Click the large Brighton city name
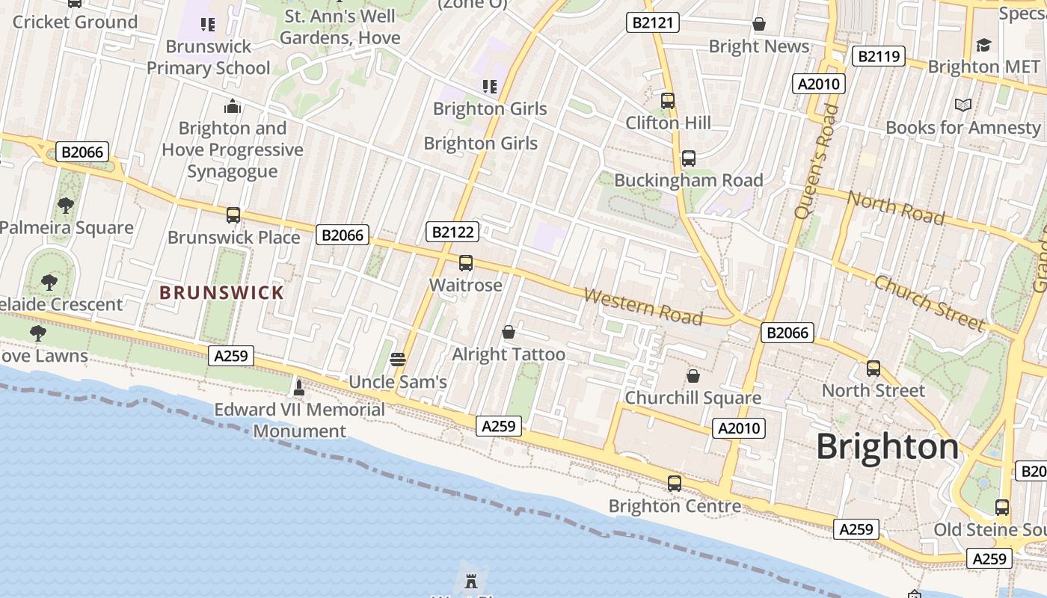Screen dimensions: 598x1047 point(887,446)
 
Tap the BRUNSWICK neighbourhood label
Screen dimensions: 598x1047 point(222,292)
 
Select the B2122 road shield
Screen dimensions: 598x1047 point(452,232)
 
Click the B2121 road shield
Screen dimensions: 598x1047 point(652,22)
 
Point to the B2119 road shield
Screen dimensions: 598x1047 point(878,56)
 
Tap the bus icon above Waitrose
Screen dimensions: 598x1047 point(466,262)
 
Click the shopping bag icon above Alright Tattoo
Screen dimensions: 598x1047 point(509,331)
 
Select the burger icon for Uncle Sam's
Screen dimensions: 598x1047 point(398,359)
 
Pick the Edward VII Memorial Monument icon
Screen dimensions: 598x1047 point(299,386)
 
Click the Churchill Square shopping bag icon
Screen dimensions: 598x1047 point(693,375)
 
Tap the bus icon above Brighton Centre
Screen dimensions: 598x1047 point(675,483)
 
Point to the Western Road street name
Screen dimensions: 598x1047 point(642,306)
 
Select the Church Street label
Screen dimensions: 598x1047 point(930,303)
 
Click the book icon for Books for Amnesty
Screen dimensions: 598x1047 point(963,105)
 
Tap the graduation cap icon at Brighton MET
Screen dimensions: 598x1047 point(983,45)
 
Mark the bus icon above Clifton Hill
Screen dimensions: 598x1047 point(668,100)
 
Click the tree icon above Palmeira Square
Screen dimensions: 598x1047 point(66,205)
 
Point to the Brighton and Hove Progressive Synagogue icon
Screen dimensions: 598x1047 point(233,106)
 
